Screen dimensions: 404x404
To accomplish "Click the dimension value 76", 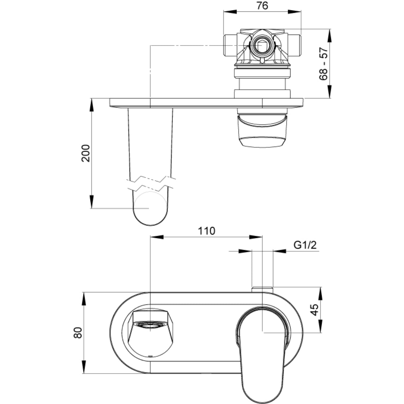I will tap(262, 6).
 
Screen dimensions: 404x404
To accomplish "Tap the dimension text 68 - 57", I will tap(323, 64).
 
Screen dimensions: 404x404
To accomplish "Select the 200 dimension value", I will tap(85, 153).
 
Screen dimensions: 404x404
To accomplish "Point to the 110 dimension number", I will tap(206, 231).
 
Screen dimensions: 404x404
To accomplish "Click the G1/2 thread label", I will tap(305, 245).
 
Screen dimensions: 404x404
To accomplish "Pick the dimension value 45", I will tap(314, 310).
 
